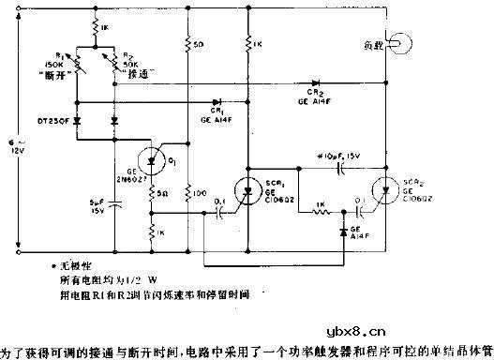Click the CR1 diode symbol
(x=217, y=101)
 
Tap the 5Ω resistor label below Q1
(x=163, y=193)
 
